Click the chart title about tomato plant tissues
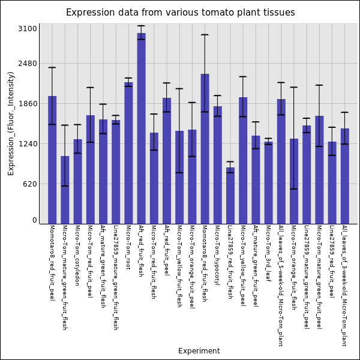(x=180, y=13)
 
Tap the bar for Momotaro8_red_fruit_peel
(x=52, y=160)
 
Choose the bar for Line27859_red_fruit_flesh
(x=230, y=196)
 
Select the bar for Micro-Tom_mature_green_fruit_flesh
(x=65, y=190)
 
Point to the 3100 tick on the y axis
(x=28, y=29)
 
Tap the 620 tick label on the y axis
(x=30, y=184)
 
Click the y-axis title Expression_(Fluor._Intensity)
(x=11, y=123)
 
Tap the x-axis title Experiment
(x=199, y=351)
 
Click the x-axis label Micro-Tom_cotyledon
(x=77, y=255)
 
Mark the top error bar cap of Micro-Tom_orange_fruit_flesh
(x=293, y=88)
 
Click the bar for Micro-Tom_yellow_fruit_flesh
(x=179, y=177)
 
